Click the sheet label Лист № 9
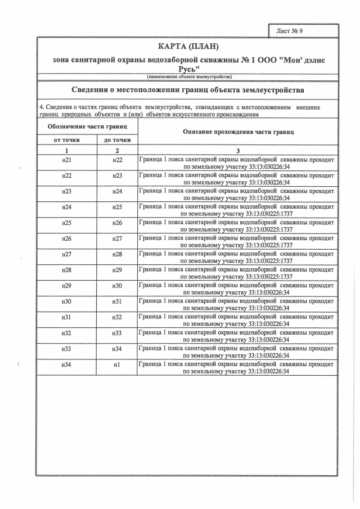[x=290, y=31]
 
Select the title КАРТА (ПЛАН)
[x=187, y=46]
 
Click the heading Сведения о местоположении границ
[x=187, y=90]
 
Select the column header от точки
[x=67, y=139]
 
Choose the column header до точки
[x=117, y=139]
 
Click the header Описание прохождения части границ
[x=238, y=131]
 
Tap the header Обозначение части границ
[x=87, y=127]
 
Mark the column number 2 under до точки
[x=117, y=150]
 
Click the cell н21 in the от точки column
[x=67, y=160]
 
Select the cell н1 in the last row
[x=117, y=365]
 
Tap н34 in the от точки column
[x=67, y=365]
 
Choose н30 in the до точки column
[x=117, y=286]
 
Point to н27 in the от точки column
[x=67, y=255]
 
